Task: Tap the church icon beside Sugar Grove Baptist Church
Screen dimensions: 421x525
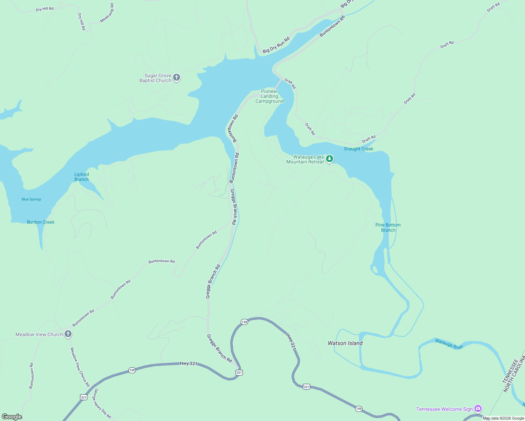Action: (x=177, y=78)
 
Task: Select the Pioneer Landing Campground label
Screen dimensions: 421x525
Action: (x=270, y=96)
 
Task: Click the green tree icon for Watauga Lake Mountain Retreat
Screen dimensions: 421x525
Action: (x=329, y=159)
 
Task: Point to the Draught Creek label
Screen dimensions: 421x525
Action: (x=359, y=149)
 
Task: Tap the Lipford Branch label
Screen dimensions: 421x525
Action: (x=81, y=177)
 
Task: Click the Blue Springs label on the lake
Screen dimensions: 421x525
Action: (x=32, y=199)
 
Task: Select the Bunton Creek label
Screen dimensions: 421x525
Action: (x=41, y=222)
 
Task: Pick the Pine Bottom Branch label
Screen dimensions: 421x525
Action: (x=388, y=228)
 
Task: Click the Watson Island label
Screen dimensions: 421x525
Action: (x=345, y=343)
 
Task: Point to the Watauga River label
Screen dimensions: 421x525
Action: (x=449, y=344)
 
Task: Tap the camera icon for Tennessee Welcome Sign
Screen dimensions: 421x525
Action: (x=478, y=409)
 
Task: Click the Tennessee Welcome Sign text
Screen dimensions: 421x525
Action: (x=444, y=409)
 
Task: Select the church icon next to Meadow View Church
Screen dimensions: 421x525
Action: (x=68, y=334)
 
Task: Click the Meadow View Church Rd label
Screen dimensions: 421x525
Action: (x=80, y=367)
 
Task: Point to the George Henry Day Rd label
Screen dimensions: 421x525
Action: (x=102, y=403)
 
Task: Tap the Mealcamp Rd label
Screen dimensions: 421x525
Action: (x=107, y=13)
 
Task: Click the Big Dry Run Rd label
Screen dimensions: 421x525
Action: (x=276, y=45)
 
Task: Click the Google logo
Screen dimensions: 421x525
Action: (x=12, y=416)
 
